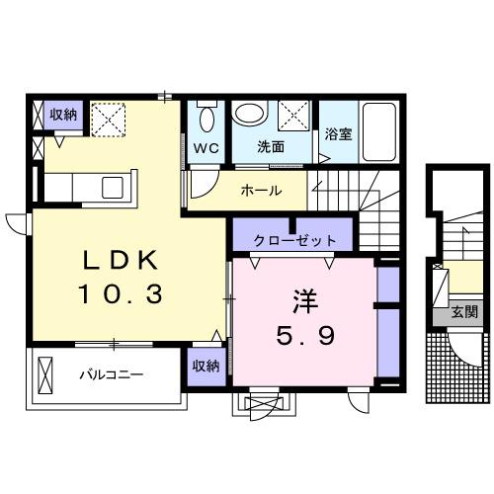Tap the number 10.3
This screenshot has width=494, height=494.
click(x=119, y=293)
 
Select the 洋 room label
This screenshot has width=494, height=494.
click(x=304, y=299)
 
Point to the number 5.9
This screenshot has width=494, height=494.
click(x=304, y=336)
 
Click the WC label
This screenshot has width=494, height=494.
click(x=206, y=147)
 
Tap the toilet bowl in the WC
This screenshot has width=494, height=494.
click(x=205, y=120)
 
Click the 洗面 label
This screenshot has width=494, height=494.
click(x=271, y=147)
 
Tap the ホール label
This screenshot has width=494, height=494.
click(x=262, y=191)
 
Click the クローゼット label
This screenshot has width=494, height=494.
click(x=294, y=239)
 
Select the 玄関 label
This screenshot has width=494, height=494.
click(x=464, y=313)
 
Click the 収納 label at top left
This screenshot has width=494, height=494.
click(x=63, y=115)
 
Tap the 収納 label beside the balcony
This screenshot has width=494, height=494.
click(x=206, y=366)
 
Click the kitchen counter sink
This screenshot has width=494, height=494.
click(x=113, y=186)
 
